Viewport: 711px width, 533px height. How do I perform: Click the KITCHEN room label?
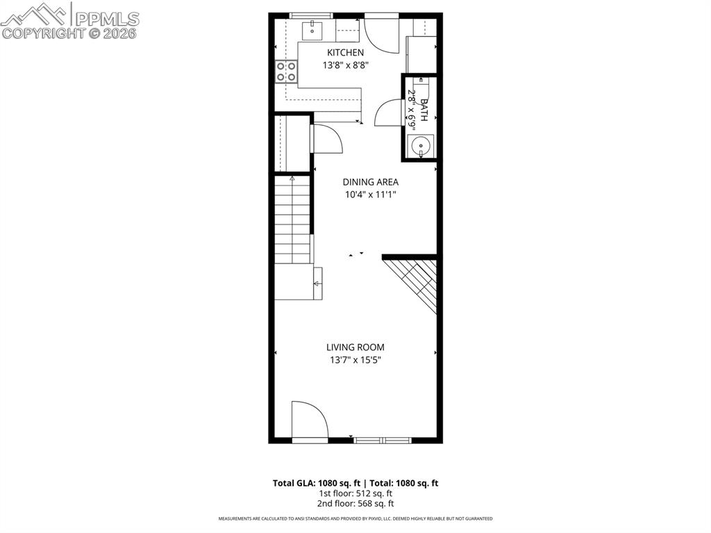point(345,53)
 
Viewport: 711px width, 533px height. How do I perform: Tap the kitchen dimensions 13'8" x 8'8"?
point(345,65)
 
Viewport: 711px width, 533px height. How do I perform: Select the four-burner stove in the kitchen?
point(287,71)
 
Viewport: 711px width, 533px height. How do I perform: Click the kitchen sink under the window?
point(312,31)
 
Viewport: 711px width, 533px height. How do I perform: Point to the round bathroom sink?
point(420,146)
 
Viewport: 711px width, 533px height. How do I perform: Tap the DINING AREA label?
point(370,182)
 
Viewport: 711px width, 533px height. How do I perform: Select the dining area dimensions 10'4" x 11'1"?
point(370,195)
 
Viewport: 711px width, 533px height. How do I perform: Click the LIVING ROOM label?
point(355,347)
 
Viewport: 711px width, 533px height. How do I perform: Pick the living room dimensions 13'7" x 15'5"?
point(355,360)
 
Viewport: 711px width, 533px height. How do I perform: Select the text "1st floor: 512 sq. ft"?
point(355,493)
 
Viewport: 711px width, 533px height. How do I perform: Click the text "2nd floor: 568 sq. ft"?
point(355,504)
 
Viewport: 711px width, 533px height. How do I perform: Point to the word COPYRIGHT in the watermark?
point(42,33)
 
